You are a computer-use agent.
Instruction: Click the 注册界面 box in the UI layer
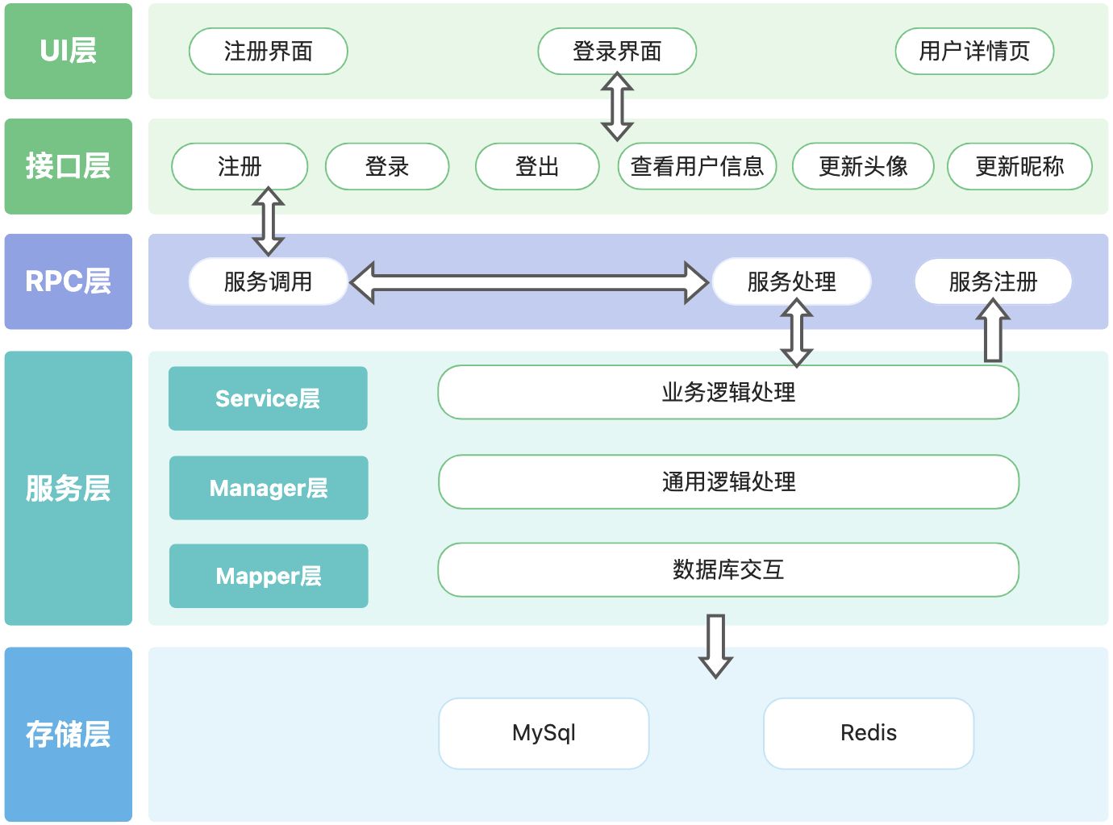pos(268,52)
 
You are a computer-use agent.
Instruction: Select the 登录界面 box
pos(617,52)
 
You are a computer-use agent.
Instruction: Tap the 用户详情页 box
pos(974,52)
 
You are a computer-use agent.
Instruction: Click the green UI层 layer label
pos(69,52)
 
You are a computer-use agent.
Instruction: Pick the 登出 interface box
pos(537,167)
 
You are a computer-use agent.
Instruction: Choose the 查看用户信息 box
pos(697,167)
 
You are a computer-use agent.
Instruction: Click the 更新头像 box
pos(863,167)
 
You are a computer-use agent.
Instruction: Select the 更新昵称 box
pos(1019,167)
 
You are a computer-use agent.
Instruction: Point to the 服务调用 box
pos(268,281)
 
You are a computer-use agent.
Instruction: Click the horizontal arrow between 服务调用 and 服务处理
pos(529,282)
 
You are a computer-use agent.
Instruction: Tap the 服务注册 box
pos(993,281)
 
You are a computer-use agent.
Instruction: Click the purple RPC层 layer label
pos(69,281)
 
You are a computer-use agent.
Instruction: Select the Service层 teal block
pos(268,398)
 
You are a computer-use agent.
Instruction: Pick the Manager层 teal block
pos(269,488)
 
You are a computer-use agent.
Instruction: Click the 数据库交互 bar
pos(728,570)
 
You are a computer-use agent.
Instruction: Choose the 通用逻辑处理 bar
pos(728,482)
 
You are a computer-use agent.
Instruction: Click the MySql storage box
pos(544,733)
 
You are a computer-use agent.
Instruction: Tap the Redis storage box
pos(869,733)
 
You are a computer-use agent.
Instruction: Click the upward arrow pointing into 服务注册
pos(993,331)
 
